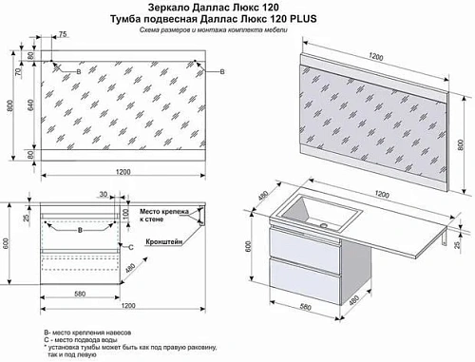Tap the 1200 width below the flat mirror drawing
pos(123,171)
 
